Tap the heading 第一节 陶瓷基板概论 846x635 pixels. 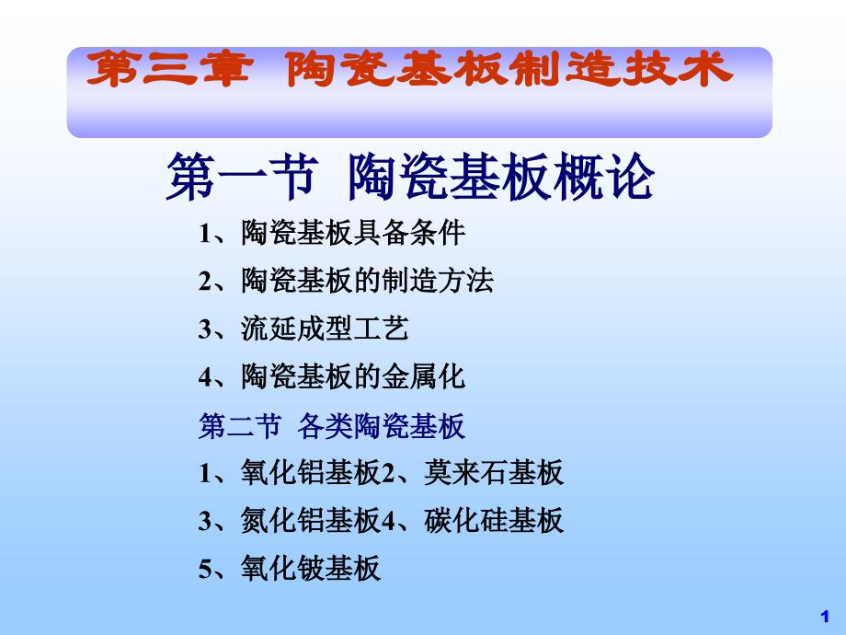(x=410, y=177)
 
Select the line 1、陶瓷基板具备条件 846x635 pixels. (x=332, y=233)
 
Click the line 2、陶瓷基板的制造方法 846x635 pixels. (x=346, y=281)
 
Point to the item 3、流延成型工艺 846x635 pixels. (x=303, y=329)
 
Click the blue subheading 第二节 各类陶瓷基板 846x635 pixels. (x=332, y=426)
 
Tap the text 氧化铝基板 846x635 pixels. (x=311, y=474)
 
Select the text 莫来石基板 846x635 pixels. (x=494, y=474)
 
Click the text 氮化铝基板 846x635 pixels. (x=311, y=522)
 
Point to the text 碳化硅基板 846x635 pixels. (x=494, y=522)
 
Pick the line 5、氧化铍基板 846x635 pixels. (x=289, y=570)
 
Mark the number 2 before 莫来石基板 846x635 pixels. (x=388, y=475)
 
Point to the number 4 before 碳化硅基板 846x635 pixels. (x=388, y=523)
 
